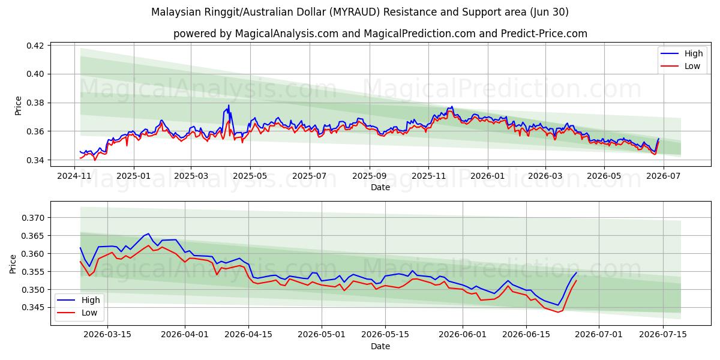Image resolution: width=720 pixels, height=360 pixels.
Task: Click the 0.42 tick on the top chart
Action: click(35, 46)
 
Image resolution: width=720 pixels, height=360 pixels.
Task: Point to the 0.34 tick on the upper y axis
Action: click(35, 160)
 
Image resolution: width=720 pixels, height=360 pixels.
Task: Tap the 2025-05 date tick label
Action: click(250, 176)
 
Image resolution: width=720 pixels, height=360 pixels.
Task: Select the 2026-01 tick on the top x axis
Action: click(488, 176)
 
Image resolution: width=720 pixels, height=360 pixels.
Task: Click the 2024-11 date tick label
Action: click(74, 176)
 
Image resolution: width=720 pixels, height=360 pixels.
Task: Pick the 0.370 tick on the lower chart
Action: click(32, 218)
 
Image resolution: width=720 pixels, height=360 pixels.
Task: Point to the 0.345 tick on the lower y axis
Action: click(32, 308)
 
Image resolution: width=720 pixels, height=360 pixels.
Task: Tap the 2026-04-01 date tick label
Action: click(185, 334)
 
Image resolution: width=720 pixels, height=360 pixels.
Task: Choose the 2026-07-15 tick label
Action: click(663, 334)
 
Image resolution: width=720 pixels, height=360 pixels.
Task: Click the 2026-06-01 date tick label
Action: click(463, 334)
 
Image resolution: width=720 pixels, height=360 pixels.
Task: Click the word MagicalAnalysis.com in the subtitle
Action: click(287, 34)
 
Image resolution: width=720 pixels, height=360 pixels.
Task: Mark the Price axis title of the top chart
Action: click(18, 106)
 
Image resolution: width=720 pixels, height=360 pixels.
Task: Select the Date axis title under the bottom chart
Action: click(380, 346)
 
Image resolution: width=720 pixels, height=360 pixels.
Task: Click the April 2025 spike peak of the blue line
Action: click(229, 105)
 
